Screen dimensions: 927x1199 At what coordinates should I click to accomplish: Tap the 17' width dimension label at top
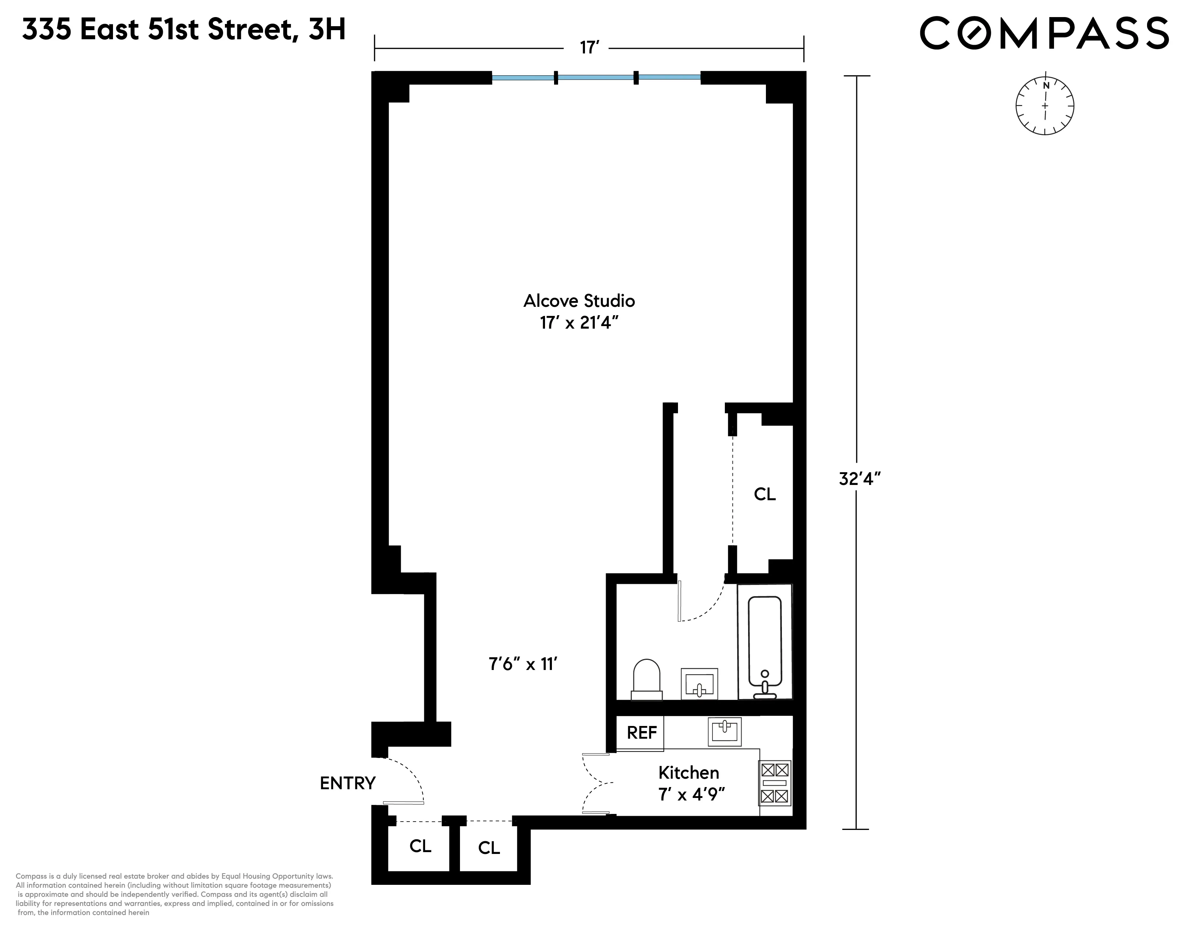588,48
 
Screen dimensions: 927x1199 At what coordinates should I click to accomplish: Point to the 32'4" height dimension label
860,479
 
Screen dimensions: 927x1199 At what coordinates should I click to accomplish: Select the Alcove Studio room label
579,301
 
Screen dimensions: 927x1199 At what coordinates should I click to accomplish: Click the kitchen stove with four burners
775,783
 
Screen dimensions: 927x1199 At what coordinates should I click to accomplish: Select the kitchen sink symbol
724,731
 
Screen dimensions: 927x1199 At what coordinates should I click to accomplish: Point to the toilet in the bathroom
646,679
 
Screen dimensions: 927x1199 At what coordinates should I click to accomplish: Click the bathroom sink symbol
699,684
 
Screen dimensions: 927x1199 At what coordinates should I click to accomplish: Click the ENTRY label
347,783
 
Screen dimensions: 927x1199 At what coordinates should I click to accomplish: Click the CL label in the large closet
764,494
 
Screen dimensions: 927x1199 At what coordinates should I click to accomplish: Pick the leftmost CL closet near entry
420,846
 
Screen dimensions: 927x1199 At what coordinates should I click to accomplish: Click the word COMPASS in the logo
1044,33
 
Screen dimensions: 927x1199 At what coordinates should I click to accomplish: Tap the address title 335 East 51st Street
184,30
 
